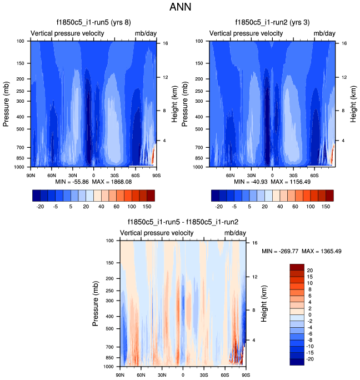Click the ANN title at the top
180,8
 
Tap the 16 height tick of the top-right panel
344,43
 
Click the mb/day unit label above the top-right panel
325,34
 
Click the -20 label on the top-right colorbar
219,206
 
